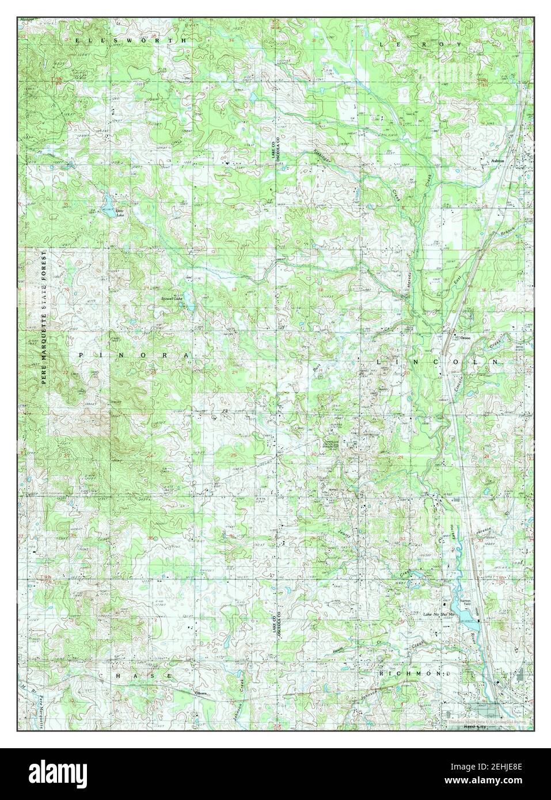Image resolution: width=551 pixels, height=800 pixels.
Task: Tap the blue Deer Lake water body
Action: [108, 202]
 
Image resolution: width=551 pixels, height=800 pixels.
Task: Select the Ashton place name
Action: [497, 161]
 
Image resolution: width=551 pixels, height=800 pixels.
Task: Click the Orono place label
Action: [465, 338]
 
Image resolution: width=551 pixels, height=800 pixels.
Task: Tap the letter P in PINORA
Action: [81, 356]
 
